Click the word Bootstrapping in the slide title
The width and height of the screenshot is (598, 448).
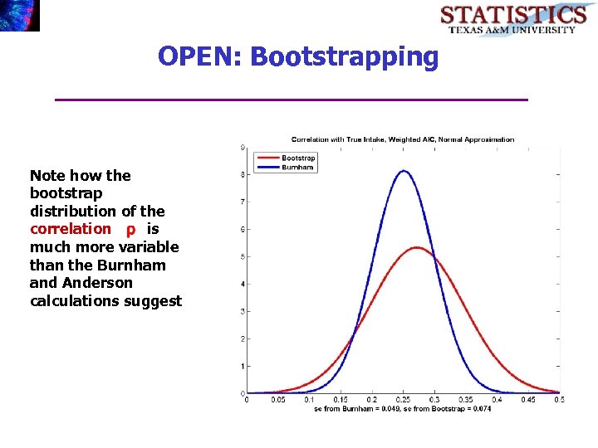pos(343,57)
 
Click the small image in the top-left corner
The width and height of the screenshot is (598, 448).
pos(20,16)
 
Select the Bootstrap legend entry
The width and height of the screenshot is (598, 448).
pos(297,158)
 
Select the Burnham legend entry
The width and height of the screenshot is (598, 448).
pos(297,167)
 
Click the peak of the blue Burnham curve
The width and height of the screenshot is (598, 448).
pos(403,172)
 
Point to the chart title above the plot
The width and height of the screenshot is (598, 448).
pos(402,139)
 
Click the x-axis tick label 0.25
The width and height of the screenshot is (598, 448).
pos(403,400)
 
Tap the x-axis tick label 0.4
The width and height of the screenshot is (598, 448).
pos(497,400)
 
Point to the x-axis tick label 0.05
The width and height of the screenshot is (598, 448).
pos(277,400)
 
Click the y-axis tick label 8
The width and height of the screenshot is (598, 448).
pos(242,175)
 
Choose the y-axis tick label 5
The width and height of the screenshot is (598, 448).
pos(242,256)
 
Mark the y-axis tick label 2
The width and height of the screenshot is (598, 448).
pos(242,338)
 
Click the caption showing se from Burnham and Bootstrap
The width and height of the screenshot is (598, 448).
pos(402,409)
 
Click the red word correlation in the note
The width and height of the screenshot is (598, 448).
pos(70,229)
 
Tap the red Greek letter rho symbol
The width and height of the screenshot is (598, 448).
pos(130,230)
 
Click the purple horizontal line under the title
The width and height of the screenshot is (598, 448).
pos(291,100)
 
